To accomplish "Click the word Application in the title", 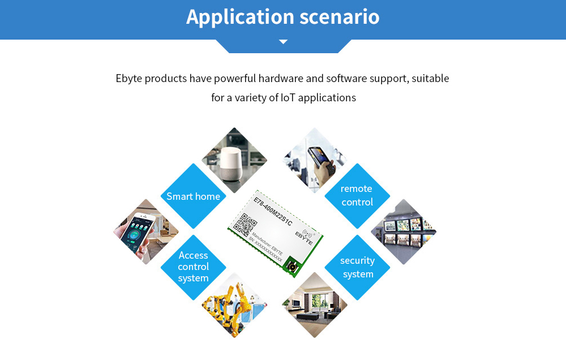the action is tap(240, 18).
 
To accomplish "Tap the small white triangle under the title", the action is tap(284, 42).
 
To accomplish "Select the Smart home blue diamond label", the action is tap(194, 196).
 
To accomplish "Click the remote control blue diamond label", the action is tap(357, 196).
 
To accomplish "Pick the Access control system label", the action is tap(194, 267).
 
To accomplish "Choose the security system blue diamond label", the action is tap(357, 268).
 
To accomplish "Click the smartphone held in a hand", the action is tap(138, 231).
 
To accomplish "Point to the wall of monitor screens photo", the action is tap(404, 232).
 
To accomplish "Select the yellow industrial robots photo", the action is tap(234, 306).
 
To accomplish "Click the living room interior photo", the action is tap(315, 305).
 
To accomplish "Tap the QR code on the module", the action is tap(245, 225).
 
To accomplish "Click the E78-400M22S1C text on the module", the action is tap(273, 212).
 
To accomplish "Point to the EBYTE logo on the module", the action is tap(306, 236).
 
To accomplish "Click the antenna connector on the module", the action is tap(291, 267).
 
